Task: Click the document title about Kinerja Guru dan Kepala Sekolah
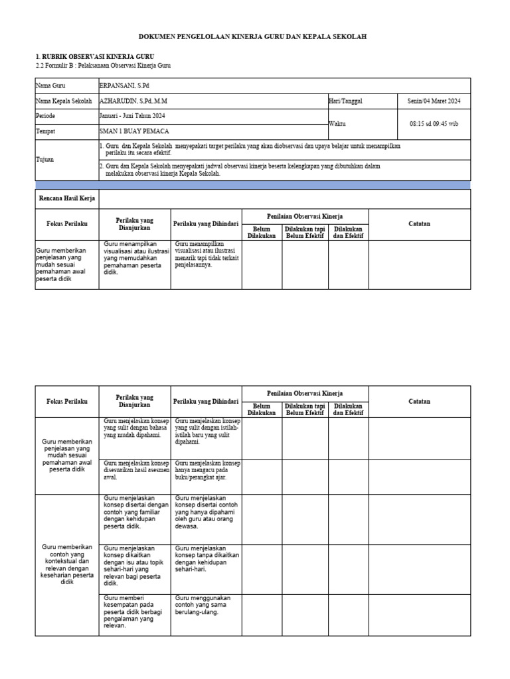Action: (x=252, y=37)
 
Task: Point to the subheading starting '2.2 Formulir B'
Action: (x=106, y=66)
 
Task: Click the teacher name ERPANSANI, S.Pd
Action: (x=124, y=86)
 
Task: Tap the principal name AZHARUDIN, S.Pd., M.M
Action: (x=134, y=101)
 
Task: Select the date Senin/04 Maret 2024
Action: (x=434, y=101)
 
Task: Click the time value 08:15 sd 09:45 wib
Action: (x=434, y=124)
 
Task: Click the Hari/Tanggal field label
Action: (x=346, y=101)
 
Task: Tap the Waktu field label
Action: (x=337, y=124)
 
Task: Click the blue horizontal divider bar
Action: (x=252, y=185)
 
